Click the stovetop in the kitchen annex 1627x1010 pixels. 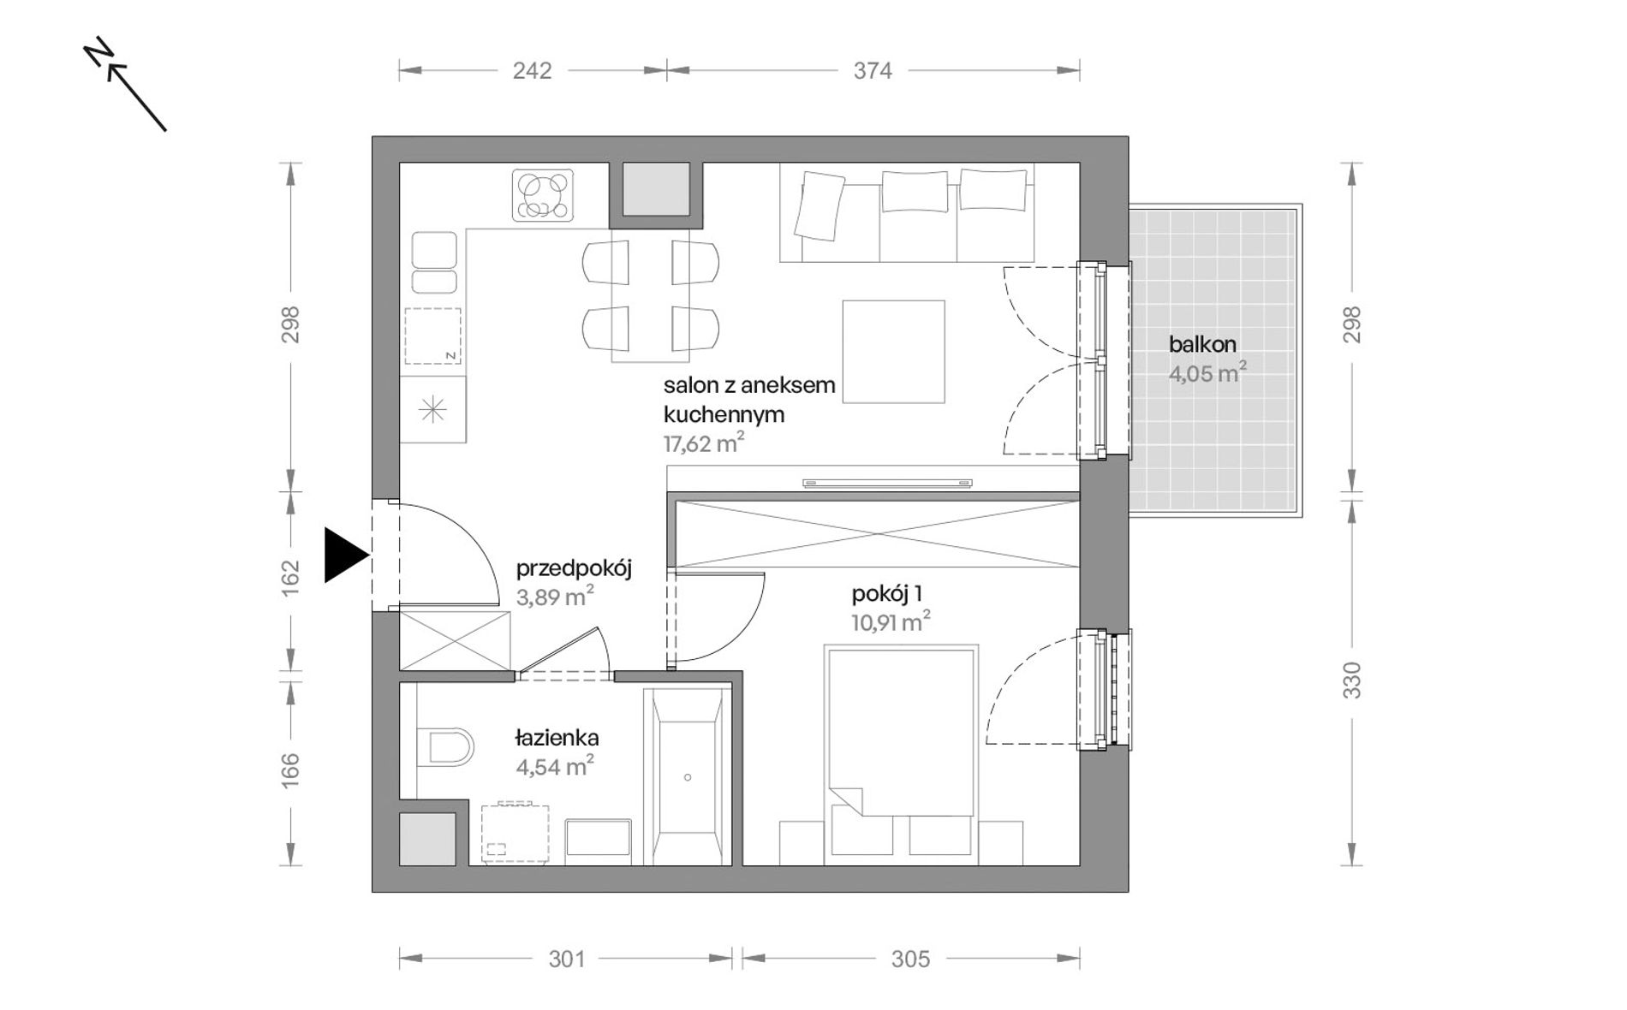(543, 195)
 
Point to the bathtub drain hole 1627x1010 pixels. (688, 778)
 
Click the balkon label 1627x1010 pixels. (1202, 345)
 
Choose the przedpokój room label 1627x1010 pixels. (574, 568)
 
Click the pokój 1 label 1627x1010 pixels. (886, 594)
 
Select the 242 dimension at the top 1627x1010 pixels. (532, 71)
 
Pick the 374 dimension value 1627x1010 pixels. (873, 71)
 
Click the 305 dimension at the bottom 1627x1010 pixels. (910, 959)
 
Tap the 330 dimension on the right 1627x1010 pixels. (1351, 680)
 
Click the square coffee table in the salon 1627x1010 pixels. (893, 351)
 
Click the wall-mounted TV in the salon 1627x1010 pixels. (888, 484)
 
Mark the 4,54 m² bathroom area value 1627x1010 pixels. (555, 766)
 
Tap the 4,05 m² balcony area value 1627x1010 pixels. (1207, 374)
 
